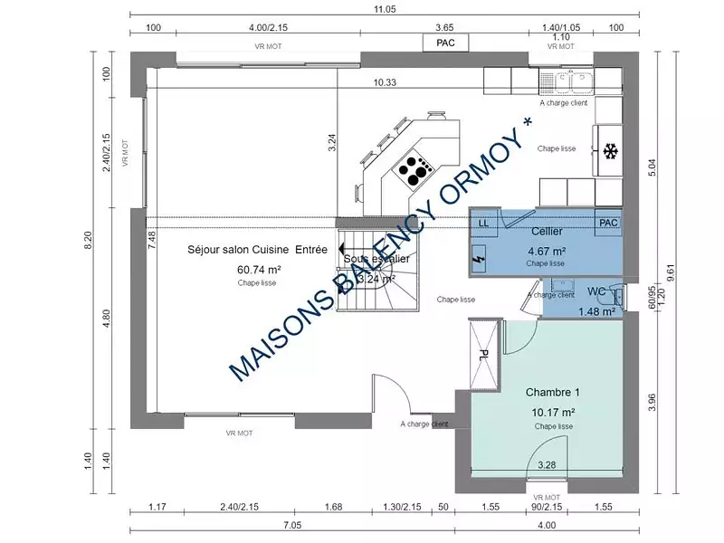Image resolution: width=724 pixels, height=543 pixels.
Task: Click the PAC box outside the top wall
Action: (445, 43)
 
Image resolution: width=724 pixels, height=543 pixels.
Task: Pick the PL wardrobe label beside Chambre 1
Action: (483, 354)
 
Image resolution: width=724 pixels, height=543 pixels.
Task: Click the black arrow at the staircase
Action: (342, 246)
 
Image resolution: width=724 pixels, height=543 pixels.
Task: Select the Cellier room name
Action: (547, 233)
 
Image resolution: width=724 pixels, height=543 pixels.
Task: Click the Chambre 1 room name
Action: (552, 393)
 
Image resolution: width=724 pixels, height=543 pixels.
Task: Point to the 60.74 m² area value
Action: (259, 270)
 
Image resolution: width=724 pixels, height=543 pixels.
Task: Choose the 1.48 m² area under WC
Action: (596, 311)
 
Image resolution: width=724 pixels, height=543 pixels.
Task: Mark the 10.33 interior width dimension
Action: (386, 82)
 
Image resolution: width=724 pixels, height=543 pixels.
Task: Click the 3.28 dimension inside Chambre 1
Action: (547, 465)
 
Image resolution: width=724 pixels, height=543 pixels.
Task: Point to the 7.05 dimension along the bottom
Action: (291, 525)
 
